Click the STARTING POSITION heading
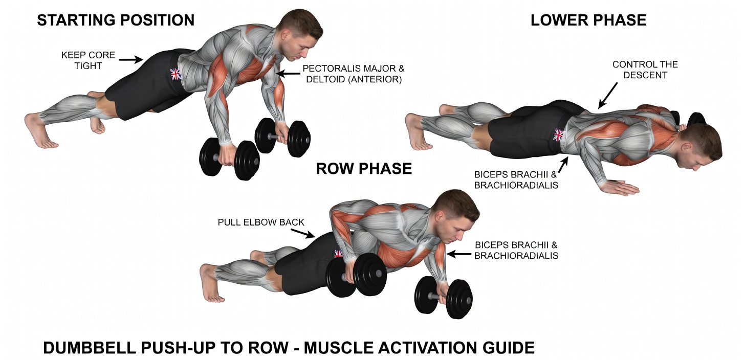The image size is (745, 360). [x=116, y=20]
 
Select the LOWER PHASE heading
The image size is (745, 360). [x=588, y=20]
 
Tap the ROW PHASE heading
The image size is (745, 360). [x=364, y=169]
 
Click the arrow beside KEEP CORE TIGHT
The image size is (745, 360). [x=131, y=60]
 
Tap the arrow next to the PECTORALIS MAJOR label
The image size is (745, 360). [x=288, y=74]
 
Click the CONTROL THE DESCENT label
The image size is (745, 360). [x=645, y=70]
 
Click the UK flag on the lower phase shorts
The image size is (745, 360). [x=558, y=136]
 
